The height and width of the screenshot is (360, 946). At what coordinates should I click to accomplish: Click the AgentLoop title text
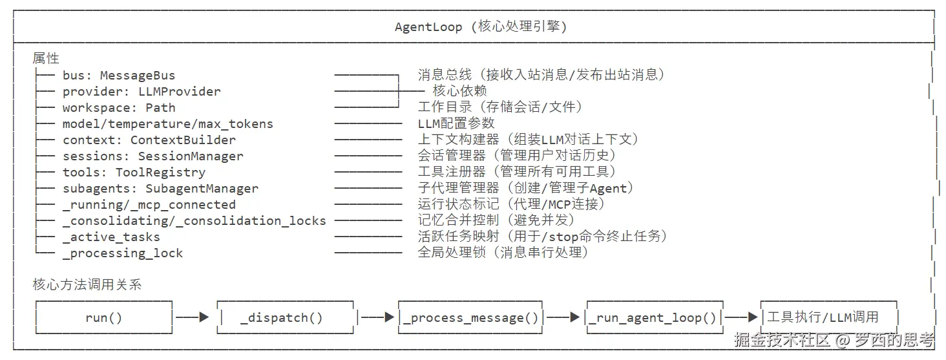[481, 26]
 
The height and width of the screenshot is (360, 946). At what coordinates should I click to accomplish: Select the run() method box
[103, 317]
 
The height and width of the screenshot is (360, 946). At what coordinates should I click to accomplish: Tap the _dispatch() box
[285, 317]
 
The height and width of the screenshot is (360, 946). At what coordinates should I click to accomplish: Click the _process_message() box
[470, 317]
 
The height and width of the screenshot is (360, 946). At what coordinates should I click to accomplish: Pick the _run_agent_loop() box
[655, 317]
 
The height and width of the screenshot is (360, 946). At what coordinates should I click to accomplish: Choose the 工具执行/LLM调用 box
[829, 317]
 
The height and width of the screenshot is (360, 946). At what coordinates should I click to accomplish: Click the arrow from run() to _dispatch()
[193, 317]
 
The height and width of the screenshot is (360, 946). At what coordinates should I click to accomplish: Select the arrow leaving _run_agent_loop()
[741, 317]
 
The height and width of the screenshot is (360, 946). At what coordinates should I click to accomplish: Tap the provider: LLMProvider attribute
[142, 92]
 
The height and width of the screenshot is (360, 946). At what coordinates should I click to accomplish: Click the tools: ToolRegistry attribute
[134, 173]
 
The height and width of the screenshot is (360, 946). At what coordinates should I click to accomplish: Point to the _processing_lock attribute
[122, 253]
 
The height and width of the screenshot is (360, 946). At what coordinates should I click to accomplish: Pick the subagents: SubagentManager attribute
[160, 189]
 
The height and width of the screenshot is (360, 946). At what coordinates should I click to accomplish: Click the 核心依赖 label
[459, 91]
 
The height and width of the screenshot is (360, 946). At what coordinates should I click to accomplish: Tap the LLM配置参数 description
[456, 123]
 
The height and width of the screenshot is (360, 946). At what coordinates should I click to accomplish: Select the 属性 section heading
[46, 59]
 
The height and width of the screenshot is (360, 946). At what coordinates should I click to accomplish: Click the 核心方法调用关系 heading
[87, 284]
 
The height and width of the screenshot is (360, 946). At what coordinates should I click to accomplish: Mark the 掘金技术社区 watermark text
[782, 339]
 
